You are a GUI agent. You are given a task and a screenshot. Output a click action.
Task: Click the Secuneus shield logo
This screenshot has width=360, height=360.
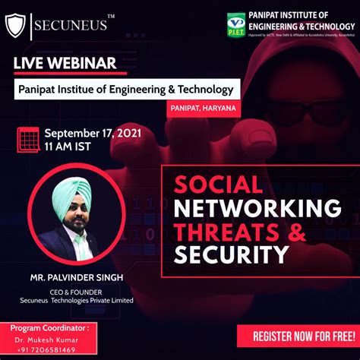tap(15, 25)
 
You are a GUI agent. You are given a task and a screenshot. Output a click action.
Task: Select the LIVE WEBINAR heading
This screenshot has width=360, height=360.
tap(64, 62)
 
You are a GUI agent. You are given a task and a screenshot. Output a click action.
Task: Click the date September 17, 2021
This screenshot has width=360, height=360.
tap(88, 131)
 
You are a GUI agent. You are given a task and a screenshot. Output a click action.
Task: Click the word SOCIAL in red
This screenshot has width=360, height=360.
tap(219, 185)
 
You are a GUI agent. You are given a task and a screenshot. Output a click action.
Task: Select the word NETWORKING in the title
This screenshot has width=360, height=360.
tap(257, 207)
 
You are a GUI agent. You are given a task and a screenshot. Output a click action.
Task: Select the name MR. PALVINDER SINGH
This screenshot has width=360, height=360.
tap(76, 277)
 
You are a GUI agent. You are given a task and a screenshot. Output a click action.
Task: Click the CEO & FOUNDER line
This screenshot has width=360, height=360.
tap(76, 290)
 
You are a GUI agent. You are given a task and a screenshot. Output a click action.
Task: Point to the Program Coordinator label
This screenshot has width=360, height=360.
tap(49, 328)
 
